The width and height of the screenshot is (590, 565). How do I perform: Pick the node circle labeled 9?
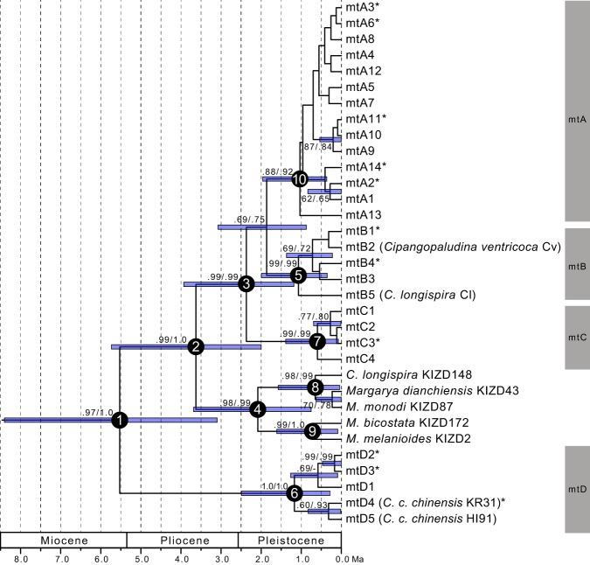(x=312, y=430)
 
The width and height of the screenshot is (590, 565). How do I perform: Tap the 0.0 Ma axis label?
(x=348, y=556)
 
